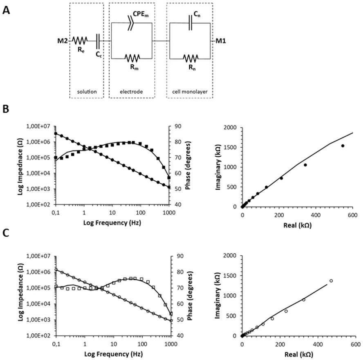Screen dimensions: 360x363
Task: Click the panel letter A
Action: point(6,10)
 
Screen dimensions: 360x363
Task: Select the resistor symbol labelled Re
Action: point(80,40)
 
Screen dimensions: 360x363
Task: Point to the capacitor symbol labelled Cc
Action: point(98,40)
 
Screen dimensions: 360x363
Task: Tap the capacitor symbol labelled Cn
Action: point(190,23)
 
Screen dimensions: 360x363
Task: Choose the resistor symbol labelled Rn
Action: point(190,58)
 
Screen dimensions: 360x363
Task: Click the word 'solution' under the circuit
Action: point(87,92)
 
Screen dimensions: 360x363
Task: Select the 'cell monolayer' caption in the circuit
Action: point(190,92)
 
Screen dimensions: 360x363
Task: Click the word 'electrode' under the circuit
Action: point(132,92)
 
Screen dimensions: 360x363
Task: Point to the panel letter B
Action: point(6,110)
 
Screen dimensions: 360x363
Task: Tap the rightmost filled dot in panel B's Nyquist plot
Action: point(343,146)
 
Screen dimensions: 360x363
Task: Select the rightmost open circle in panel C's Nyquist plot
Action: point(331,281)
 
